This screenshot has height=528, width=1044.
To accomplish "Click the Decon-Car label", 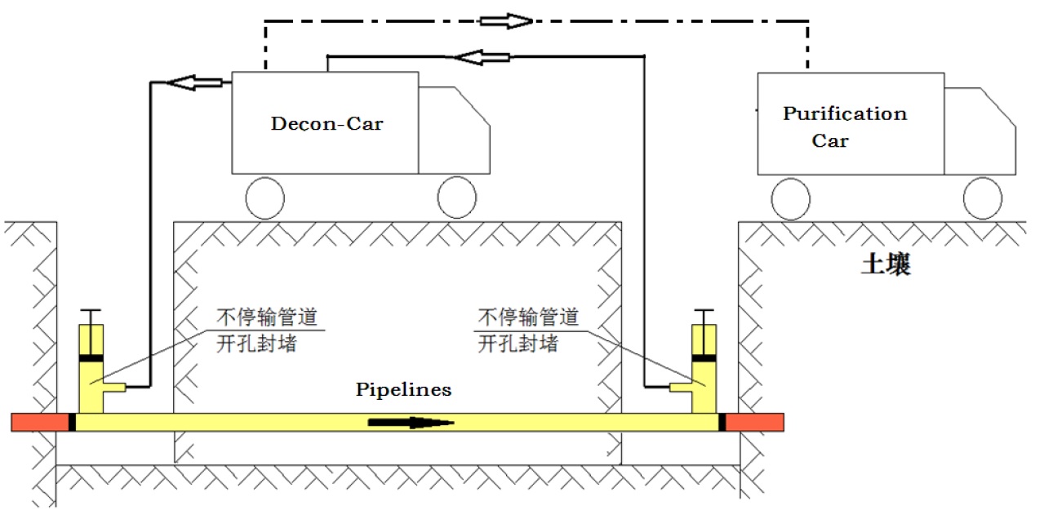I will pos(327,124).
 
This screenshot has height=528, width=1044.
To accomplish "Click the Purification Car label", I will pos(844,126).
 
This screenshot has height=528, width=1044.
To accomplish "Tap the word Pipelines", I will pos(403,389).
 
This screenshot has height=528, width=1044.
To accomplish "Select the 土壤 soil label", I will pos(886,265).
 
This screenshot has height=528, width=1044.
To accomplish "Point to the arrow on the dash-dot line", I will pos(504,21).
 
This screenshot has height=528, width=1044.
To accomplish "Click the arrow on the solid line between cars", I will pos(482,56).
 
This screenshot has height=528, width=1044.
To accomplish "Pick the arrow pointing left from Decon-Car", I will pos(193,82).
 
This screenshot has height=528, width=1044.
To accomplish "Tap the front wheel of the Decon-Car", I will pos(457,197).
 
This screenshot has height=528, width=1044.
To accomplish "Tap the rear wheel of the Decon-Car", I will pos(264,198).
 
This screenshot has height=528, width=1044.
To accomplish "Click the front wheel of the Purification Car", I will pos(983,198).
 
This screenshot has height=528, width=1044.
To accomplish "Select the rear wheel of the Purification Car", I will pos(791,199).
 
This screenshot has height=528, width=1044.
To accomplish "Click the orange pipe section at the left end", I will pos(39,422).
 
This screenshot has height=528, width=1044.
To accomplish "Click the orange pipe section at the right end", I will pos(755,422).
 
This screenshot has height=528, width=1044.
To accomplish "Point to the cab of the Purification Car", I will pos(980,131).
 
